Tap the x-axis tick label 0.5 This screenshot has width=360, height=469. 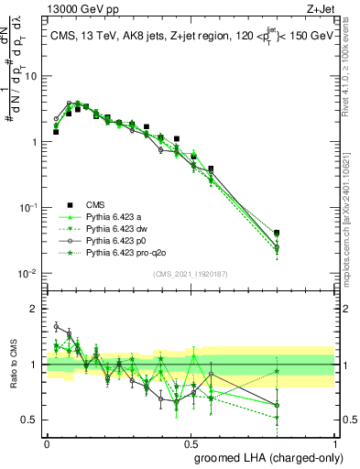[x=191, y=442]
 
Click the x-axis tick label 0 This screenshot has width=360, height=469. [x=47, y=442]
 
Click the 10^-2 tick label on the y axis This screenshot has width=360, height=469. [x=28, y=274]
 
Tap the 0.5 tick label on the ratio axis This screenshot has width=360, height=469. [x=31, y=420]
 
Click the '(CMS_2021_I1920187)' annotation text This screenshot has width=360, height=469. [x=191, y=275]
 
